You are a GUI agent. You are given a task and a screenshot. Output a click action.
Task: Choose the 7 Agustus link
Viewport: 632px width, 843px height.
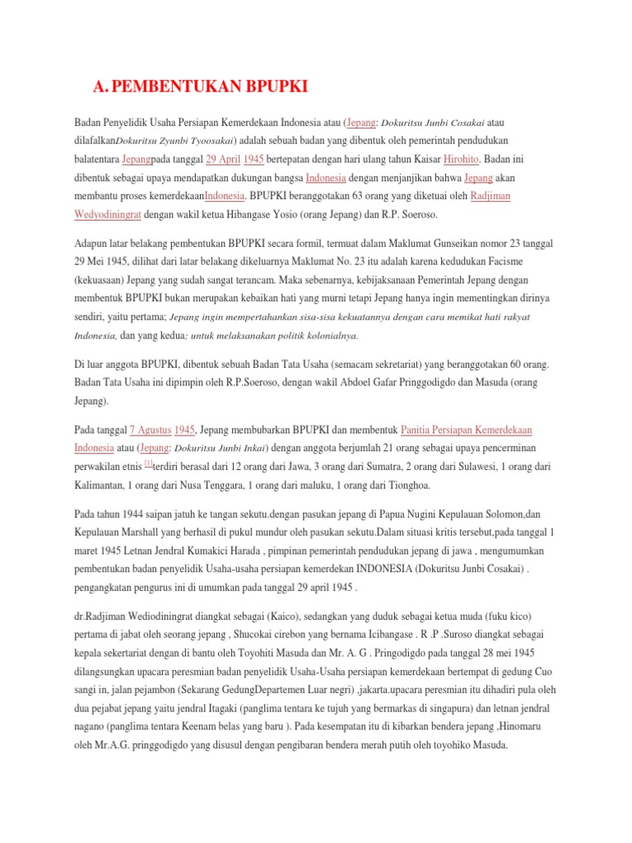tap(151, 430)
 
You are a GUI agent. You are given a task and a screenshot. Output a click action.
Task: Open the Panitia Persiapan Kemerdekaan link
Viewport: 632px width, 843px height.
tap(467, 430)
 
